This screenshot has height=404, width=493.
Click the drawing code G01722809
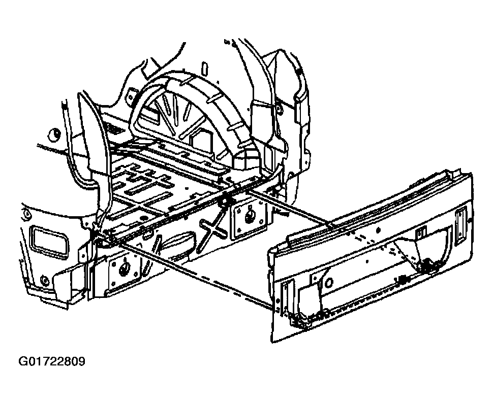(x=52, y=361)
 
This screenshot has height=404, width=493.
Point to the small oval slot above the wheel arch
(x=205, y=68)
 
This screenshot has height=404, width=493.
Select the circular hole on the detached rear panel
(x=328, y=282)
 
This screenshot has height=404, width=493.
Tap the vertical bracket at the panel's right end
(x=460, y=224)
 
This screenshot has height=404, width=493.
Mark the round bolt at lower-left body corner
(x=43, y=279)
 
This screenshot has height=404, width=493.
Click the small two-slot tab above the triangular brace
(x=420, y=232)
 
